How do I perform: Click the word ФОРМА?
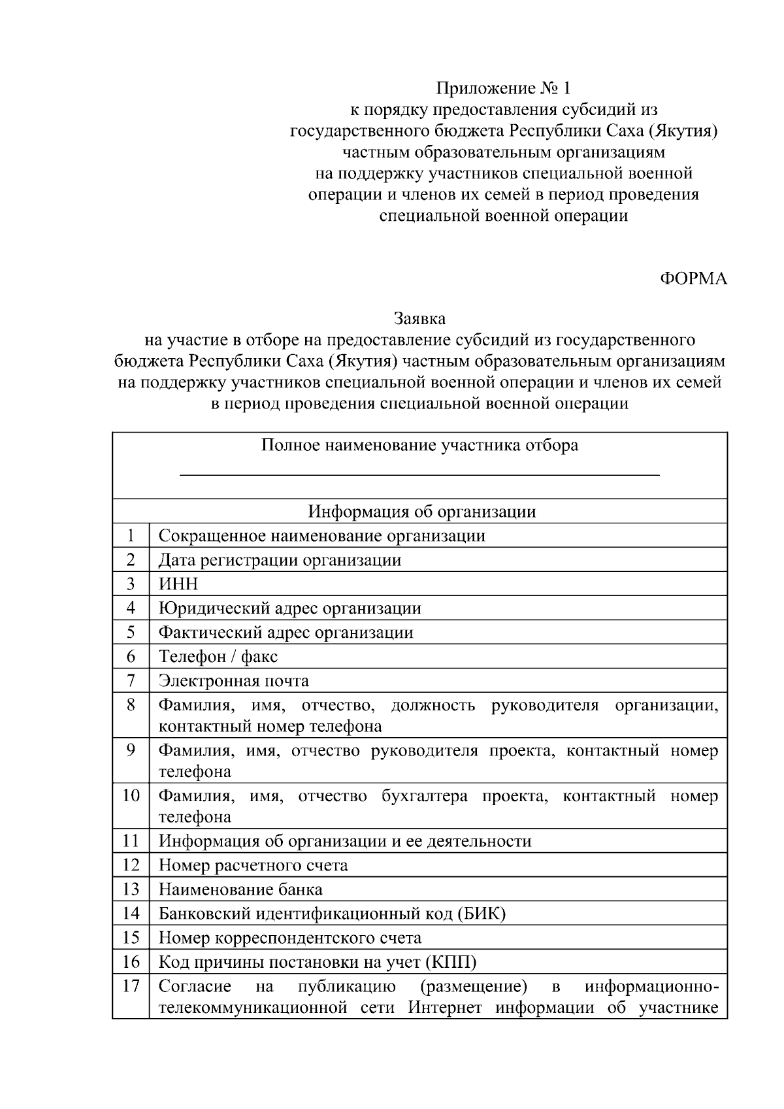[x=693, y=279]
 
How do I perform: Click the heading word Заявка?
[x=419, y=319]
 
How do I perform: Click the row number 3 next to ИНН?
[x=131, y=584]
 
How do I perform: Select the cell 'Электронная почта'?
[x=234, y=681]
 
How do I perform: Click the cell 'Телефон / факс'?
[x=218, y=657]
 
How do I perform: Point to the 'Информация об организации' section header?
[x=422, y=512]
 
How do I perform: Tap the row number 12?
[x=131, y=865]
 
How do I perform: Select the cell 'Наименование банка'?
[x=240, y=889]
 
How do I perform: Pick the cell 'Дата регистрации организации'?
[x=280, y=560]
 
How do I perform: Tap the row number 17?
[x=131, y=985]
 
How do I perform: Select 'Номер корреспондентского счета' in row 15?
[x=289, y=938]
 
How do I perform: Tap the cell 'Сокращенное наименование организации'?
[x=321, y=536]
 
